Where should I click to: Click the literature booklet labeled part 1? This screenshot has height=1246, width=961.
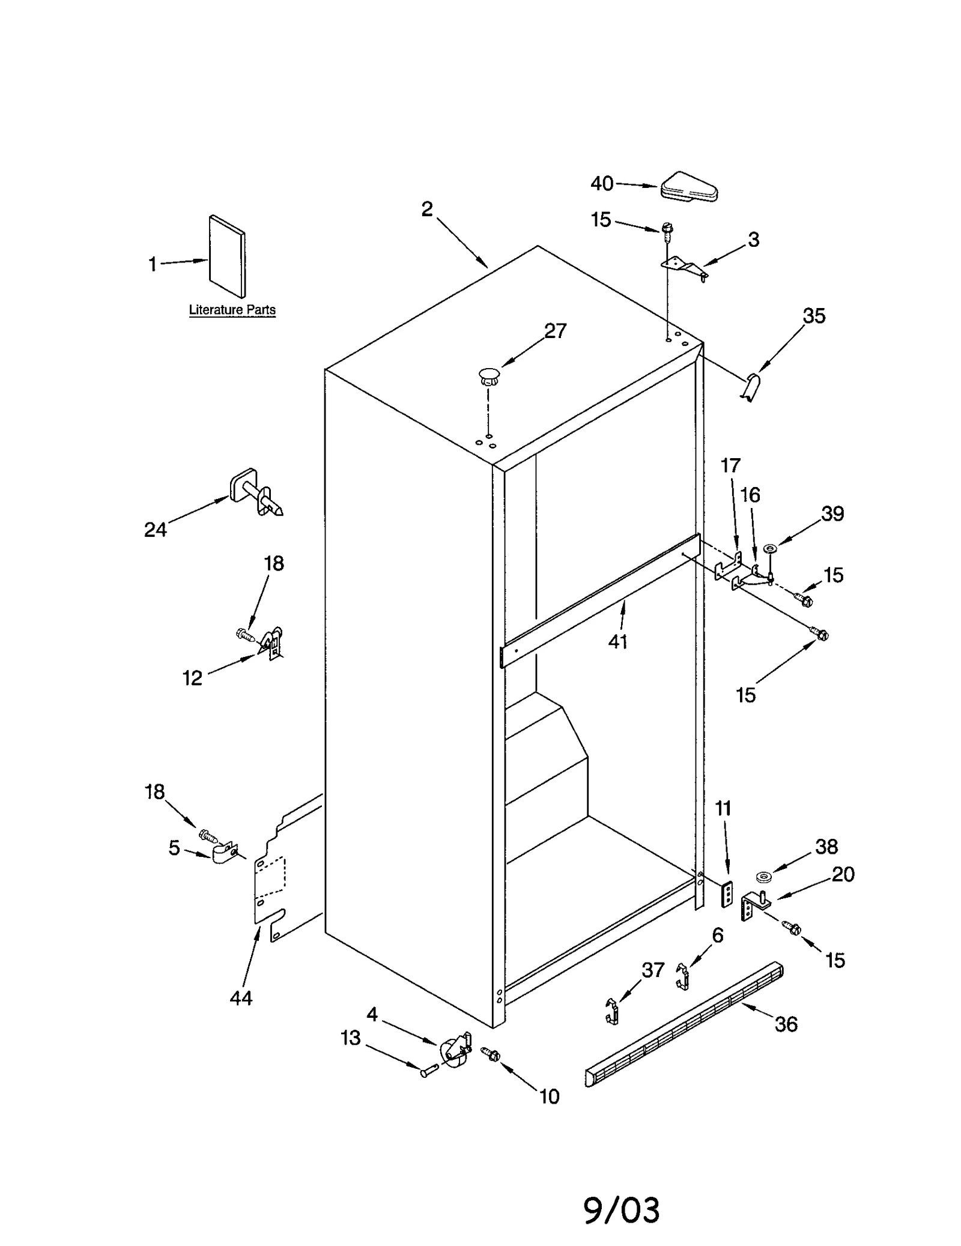coord(227,256)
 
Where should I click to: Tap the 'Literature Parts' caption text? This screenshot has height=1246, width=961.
coord(232,310)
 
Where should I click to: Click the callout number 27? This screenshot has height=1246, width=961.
coord(555,331)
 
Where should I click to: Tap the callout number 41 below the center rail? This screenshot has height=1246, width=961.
coord(617,641)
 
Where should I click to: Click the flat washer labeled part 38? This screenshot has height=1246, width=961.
coord(765,878)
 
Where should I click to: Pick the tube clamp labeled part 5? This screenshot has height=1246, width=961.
coord(225,853)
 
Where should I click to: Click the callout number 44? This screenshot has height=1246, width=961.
coord(241,998)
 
